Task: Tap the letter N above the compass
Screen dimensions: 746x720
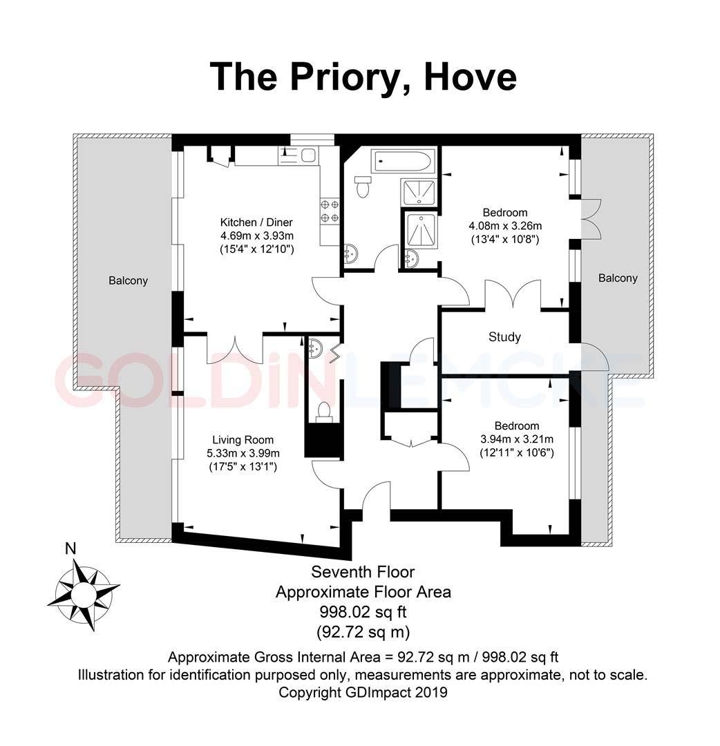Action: tap(70, 549)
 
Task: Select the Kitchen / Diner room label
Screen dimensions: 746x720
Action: tap(256, 222)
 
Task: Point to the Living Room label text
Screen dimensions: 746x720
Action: tap(243, 440)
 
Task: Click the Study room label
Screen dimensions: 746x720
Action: tap(504, 337)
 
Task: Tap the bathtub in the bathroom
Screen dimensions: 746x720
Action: tap(403, 162)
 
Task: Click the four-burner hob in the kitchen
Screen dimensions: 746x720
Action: tap(329, 211)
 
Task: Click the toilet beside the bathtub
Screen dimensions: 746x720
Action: tap(361, 184)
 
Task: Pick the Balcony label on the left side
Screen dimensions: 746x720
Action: tap(128, 281)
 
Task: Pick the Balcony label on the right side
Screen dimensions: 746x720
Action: tap(618, 278)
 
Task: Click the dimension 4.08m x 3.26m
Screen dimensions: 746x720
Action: tap(505, 226)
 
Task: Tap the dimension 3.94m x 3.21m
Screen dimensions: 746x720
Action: tap(517, 439)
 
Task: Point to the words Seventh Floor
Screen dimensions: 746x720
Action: tap(363, 572)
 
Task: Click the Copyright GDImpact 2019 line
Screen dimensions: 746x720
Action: tap(363, 691)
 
